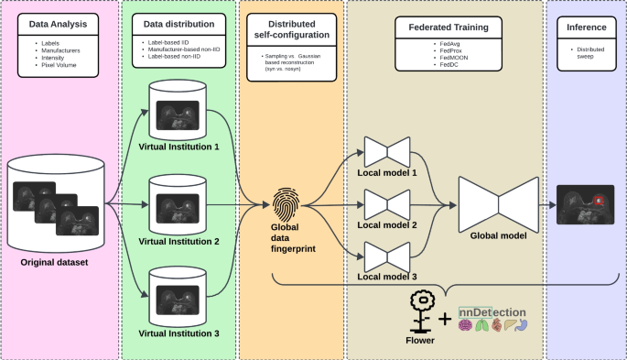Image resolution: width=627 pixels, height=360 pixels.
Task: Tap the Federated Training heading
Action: [441, 27]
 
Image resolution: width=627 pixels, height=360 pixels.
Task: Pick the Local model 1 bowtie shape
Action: [379, 150]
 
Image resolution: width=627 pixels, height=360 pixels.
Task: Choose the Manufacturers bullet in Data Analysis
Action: [61, 50]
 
